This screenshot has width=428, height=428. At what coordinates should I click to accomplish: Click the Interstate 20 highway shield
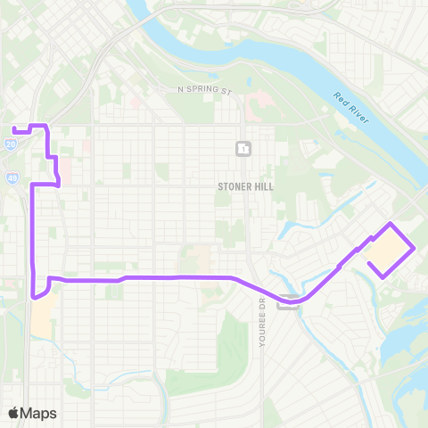(10, 143)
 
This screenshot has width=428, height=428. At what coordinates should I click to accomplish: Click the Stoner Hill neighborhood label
(245, 186)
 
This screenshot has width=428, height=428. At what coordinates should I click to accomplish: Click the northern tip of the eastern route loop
(390, 223)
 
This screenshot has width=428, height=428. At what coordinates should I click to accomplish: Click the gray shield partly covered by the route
(287, 303)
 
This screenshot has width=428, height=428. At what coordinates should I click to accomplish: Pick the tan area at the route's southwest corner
(41, 317)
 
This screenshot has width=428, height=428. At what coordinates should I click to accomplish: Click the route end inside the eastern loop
(369, 262)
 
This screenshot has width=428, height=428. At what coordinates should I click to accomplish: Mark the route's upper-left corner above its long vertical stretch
(33, 185)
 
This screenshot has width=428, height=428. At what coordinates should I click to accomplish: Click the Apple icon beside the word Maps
(13, 412)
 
